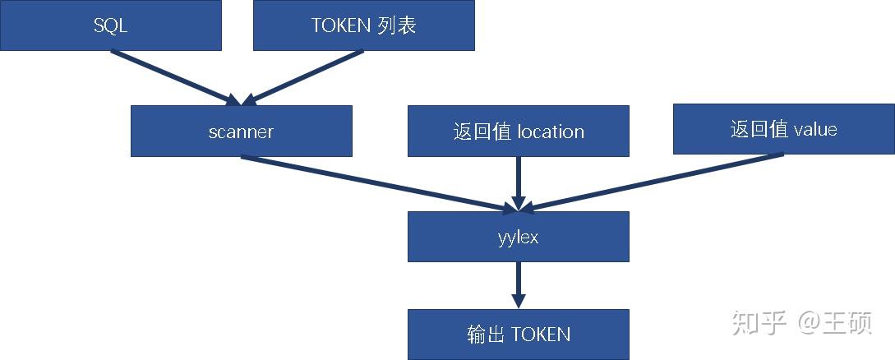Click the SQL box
click(110, 25)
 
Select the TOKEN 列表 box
click(363, 25)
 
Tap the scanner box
click(241, 131)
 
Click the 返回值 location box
click(518, 131)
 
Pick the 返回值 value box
click(783, 129)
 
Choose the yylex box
click(518, 237)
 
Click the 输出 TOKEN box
click(518, 334)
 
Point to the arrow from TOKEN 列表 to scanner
click(304, 77)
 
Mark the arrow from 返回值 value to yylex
click(653, 181)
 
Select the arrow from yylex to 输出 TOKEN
click(518, 284)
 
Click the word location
click(551, 132)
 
